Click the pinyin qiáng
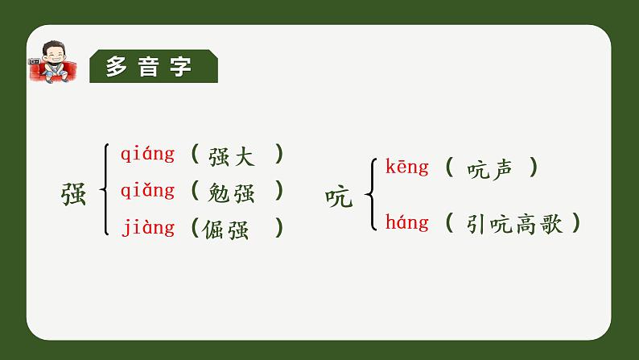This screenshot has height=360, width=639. coord(147,154)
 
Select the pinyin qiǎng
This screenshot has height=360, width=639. coord(147,191)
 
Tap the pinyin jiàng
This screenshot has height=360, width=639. coord(148,228)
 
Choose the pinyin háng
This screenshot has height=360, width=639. coord(407,221)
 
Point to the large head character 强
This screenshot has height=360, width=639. coord(74,193)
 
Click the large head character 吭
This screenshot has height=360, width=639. coord(339,197)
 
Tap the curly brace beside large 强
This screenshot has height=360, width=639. coord(105,190)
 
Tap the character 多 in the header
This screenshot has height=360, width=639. coord(117,68)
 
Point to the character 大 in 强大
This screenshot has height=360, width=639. coord(243,155)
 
